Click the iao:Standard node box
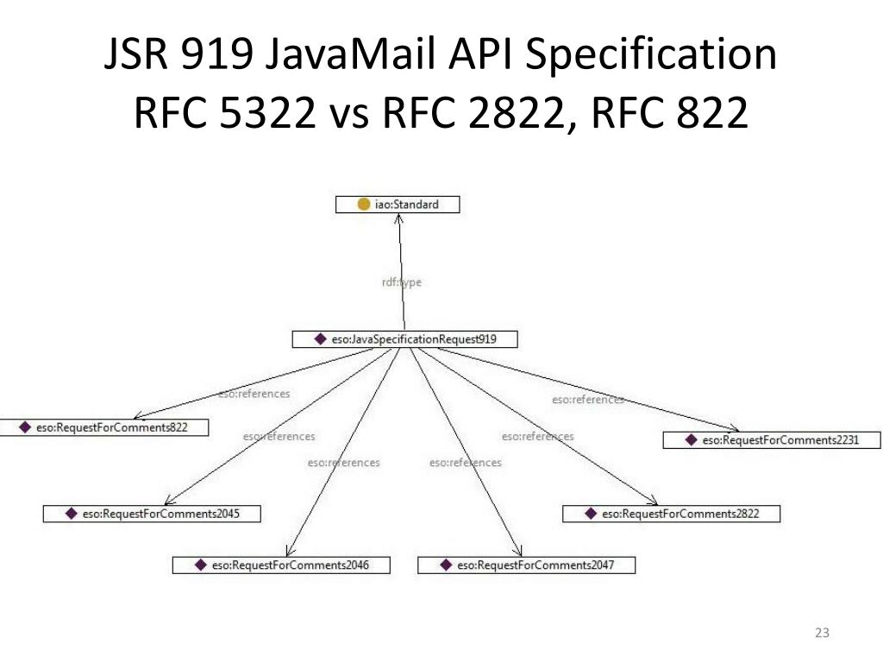398,205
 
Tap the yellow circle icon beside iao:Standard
364,205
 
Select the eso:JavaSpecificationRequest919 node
405,339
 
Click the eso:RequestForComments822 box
104,427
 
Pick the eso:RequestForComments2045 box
152,514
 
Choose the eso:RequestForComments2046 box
281,565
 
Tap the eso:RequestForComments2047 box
526,565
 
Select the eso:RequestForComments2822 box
672,514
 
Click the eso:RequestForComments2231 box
772,440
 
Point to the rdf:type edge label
401,282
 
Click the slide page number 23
821,634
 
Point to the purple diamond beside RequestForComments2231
691,440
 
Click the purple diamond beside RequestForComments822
24,427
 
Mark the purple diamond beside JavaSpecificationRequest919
320,339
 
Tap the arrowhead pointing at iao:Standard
399,218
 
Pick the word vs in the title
349,113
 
